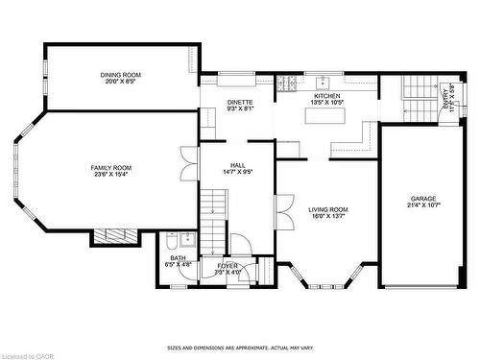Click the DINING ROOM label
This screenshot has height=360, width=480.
point(121,75)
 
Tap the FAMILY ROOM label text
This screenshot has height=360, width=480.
point(111,168)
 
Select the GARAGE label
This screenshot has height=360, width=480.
point(423,199)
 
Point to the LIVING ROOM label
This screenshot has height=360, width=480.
point(328,209)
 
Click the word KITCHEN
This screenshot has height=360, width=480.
point(327,96)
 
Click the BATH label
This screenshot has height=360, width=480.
point(178,257)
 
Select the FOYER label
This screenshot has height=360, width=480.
point(228,265)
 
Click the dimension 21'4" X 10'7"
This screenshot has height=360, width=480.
point(423,206)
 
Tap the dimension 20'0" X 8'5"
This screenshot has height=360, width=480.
point(121,82)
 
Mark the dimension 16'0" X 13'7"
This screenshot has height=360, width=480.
point(328,217)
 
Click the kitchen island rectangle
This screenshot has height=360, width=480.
point(325,115)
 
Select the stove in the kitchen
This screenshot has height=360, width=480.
point(286,84)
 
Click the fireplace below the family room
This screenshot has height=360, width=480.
point(115,236)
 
